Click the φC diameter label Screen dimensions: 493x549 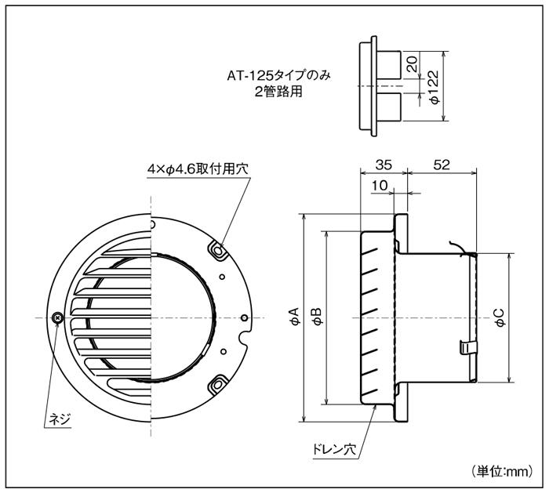click(499, 317)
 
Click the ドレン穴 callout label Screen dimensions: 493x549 click(329, 451)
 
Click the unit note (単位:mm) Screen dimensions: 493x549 click(503, 471)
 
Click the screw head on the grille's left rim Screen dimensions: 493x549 click(56, 317)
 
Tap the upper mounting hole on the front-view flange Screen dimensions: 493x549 click(216, 248)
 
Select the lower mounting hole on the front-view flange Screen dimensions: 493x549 click(216, 385)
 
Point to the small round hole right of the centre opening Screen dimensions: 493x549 click(244, 317)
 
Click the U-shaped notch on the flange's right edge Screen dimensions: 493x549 click(244, 342)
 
